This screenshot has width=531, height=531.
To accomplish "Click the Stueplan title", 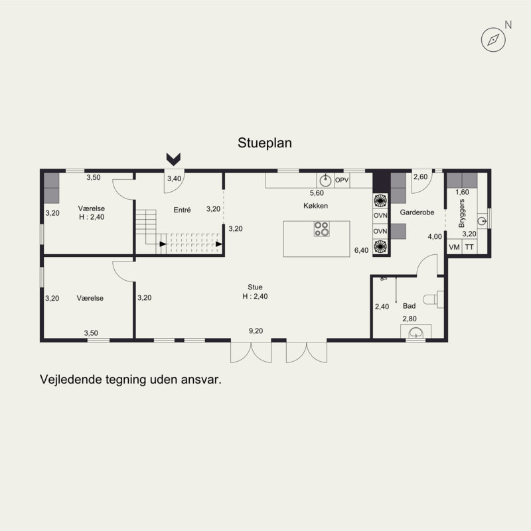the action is (x=264, y=143).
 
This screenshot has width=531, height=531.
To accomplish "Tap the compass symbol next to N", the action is (x=493, y=40).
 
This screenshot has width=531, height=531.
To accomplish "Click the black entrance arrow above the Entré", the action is (x=173, y=159).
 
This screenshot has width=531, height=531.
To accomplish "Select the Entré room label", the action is (x=182, y=210).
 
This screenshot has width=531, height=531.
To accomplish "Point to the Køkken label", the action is (x=316, y=206).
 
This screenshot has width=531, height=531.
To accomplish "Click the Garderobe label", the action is (x=417, y=212).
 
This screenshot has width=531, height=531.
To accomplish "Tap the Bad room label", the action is (x=409, y=306).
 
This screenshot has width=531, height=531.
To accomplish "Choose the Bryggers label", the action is (x=461, y=213).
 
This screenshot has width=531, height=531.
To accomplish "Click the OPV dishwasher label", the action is (x=342, y=180).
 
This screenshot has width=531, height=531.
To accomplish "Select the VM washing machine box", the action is (x=454, y=247).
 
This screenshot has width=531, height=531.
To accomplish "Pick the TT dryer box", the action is (x=469, y=247).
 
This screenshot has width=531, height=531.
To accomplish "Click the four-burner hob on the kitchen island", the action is (x=321, y=229).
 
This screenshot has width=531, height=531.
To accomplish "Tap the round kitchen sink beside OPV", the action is (x=325, y=181).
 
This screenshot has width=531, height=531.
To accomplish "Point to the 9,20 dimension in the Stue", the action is (x=256, y=331).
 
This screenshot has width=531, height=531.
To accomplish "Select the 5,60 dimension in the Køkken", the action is (x=317, y=193).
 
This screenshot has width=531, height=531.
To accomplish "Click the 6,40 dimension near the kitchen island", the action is (x=361, y=250).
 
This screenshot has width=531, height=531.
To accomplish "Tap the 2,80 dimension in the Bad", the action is (x=410, y=319).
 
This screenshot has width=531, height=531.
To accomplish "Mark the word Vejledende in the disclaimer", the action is (x=70, y=379).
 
